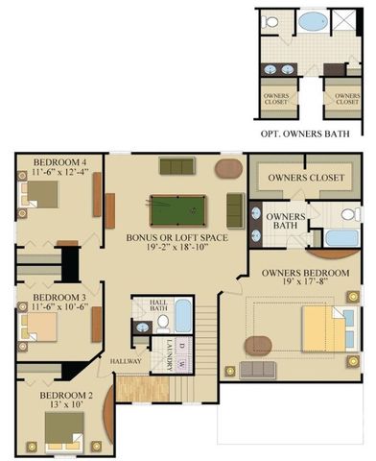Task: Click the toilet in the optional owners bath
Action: [270, 21]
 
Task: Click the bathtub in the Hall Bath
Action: [182, 315]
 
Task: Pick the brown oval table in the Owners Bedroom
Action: [256, 343]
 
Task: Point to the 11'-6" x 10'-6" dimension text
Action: [59, 309]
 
